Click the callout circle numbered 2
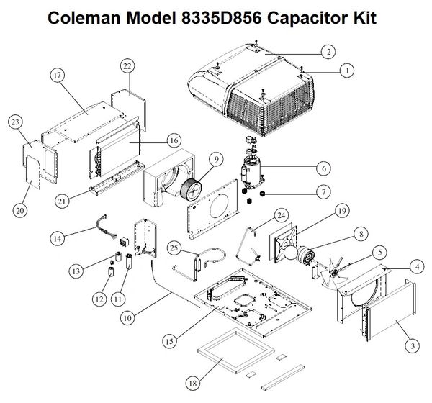[x=328, y=51]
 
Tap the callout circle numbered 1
[x=348, y=71]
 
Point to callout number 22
[x=126, y=65]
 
